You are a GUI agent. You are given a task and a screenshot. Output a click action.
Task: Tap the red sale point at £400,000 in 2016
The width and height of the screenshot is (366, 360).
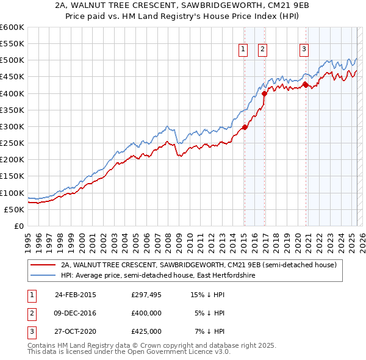click(x=264, y=94)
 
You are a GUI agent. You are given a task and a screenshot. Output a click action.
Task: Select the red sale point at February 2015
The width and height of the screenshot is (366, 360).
click(x=245, y=128)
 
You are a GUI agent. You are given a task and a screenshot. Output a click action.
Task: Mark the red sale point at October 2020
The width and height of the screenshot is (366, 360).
click(x=306, y=85)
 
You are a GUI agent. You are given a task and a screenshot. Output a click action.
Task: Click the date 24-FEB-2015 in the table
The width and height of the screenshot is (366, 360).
click(x=76, y=295)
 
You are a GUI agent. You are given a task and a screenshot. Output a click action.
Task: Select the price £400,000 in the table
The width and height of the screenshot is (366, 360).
click(x=146, y=313)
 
